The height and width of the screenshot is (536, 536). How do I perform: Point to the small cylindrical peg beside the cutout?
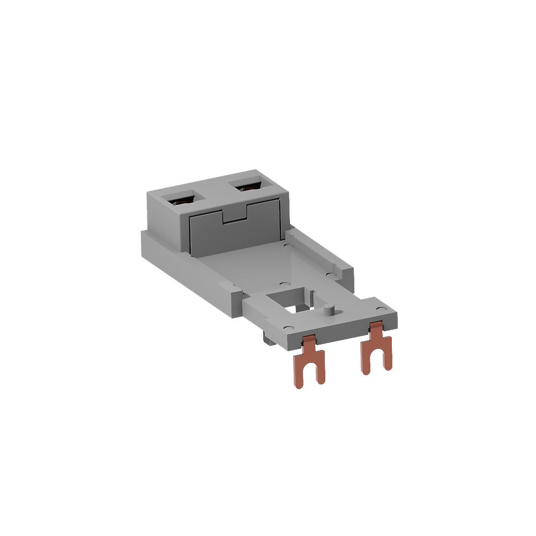click(328, 309)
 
